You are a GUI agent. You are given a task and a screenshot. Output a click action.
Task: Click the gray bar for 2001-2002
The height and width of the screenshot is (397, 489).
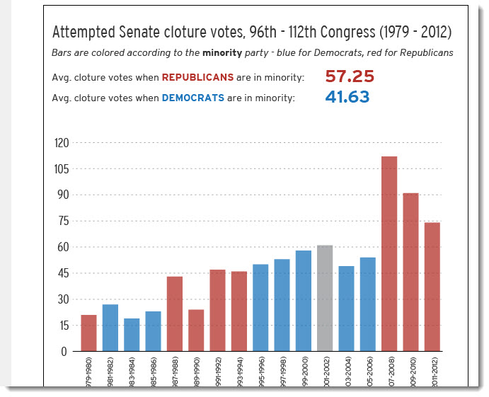[325, 298]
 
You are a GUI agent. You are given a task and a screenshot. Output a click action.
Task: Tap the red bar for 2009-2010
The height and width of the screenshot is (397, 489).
[410, 272]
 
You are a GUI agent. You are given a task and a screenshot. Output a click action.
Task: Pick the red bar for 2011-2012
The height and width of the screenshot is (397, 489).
[432, 287]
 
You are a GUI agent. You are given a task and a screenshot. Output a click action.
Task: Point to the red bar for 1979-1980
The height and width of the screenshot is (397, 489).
[88, 333]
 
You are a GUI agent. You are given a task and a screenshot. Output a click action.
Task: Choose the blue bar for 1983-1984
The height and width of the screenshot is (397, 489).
[132, 335]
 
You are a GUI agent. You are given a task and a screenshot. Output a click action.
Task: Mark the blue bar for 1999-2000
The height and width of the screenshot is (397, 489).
[304, 301]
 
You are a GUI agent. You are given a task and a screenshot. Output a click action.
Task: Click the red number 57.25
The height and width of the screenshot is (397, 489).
[350, 76]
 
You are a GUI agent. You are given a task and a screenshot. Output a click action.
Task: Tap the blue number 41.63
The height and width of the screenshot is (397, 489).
[347, 97]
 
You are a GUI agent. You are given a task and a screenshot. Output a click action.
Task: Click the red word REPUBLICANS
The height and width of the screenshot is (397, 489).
[197, 77]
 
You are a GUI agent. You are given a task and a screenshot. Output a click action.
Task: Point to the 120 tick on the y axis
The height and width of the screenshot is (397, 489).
[62, 143]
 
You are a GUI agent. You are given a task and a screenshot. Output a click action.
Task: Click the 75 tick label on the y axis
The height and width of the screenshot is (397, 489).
[63, 221]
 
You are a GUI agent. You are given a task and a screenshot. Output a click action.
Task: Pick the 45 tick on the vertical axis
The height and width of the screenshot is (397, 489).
[62, 273]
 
